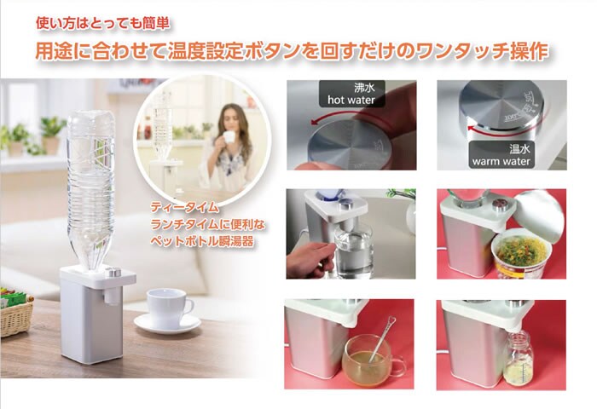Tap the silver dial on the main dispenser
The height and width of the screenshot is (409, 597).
coord(113,272)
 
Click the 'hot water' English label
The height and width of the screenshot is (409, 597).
coord(351,100)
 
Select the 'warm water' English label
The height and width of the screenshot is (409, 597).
coord(501,161)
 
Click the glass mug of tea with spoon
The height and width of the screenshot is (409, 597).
coord(369,358)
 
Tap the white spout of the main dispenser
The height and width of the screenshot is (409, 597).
coord(110,297)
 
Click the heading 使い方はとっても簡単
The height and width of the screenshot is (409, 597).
coord(103,24)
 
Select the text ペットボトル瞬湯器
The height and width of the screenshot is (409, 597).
coord(202,241)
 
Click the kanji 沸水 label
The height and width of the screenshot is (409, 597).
coord(364,88)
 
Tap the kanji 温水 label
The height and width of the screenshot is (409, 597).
coord(519,149)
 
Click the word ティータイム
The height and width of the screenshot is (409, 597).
coord(185,207)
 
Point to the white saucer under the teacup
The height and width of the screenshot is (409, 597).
coord(167,324)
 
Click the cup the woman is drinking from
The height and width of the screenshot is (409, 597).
coord(229,137)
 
